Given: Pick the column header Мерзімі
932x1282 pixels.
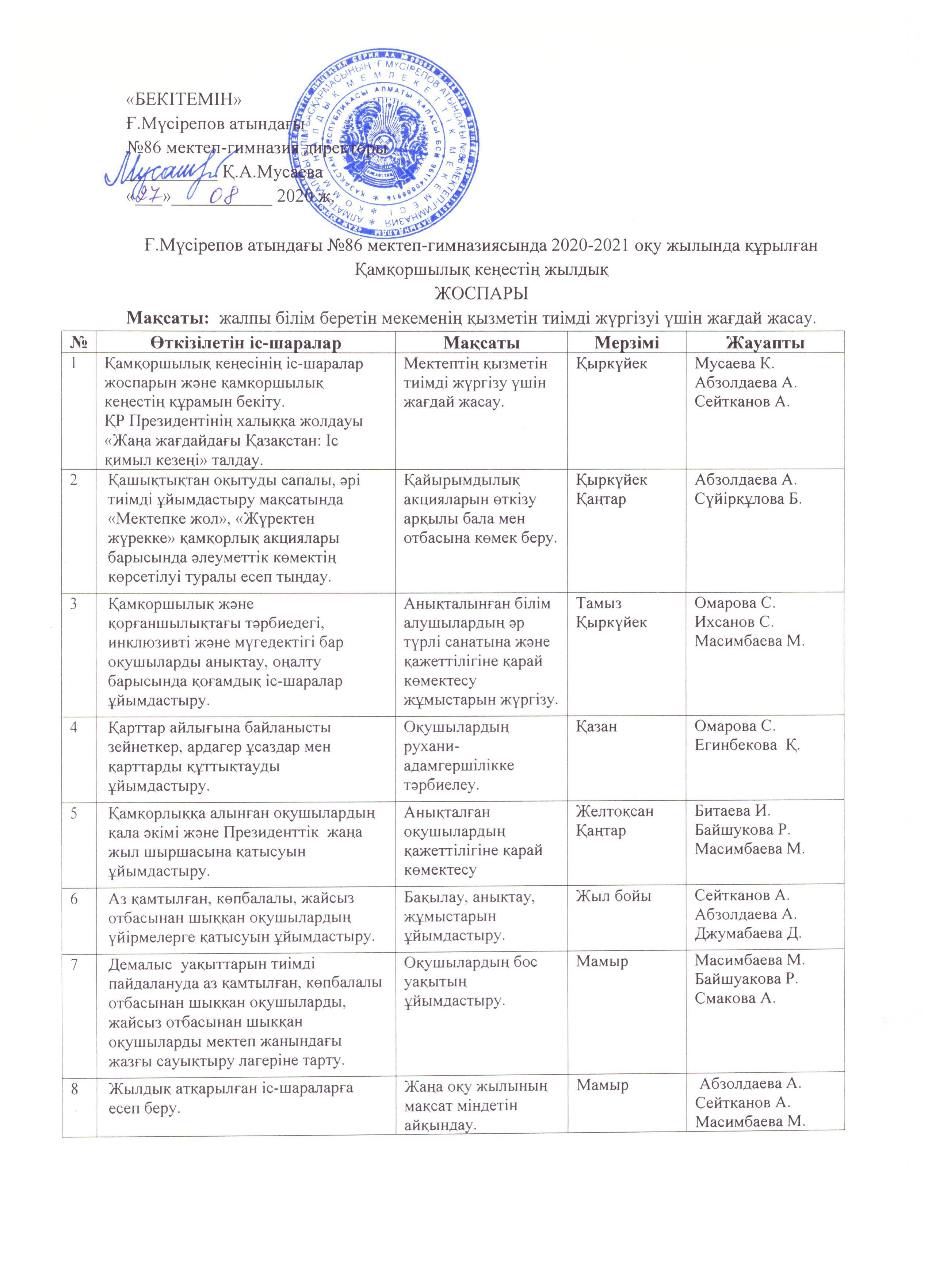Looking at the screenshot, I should tap(626, 343).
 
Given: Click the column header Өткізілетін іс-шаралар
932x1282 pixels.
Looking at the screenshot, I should tap(246, 343).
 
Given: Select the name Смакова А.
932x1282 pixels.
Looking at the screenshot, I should tap(735, 998).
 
